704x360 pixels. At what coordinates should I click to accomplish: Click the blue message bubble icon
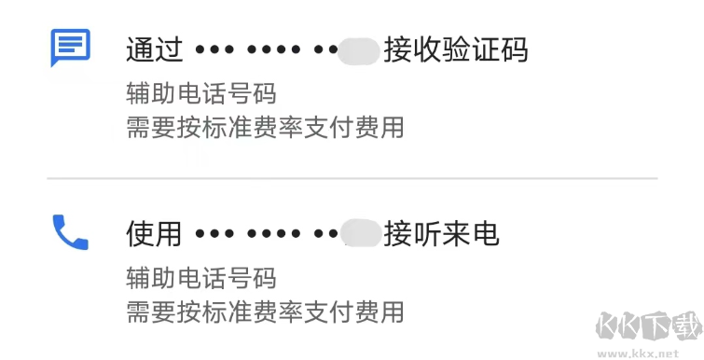(70, 47)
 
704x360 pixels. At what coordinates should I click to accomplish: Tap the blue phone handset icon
(70, 232)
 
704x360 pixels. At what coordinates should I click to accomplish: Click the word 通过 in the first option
(154, 49)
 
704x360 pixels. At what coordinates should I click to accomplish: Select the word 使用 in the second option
(154, 234)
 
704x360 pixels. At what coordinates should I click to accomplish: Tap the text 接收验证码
(455, 49)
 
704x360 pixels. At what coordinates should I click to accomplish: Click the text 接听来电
(441, 234)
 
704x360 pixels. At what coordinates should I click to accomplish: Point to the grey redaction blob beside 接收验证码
(359, 50)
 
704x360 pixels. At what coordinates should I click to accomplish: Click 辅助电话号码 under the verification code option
(201, 94)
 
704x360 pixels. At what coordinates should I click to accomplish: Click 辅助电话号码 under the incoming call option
(201, 278)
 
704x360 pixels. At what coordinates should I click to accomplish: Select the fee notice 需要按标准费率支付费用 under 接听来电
(265, 312)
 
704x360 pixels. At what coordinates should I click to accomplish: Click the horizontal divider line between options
(352, 177)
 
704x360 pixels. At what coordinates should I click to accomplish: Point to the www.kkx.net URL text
(652, 353)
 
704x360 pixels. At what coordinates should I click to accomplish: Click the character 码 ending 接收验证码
(514, 49)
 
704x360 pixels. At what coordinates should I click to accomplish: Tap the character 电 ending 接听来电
(485, 234)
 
